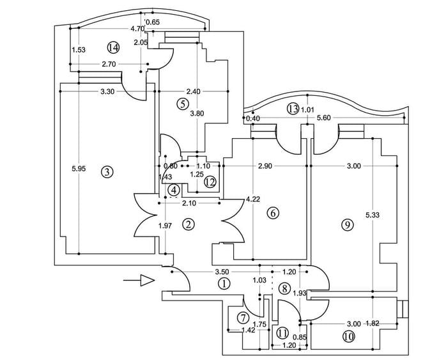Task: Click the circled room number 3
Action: (107, 171)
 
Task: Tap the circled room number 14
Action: (114, 47)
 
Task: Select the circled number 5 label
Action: (183, 104)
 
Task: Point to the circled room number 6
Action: (273, 213)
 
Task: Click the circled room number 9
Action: (347, 224)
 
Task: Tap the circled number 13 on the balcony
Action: (293, 109)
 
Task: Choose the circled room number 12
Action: (210, 182)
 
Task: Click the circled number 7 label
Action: (243, 318)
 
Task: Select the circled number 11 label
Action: (282, 332)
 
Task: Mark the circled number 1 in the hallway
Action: (224, 283)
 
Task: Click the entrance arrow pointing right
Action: (146, 280)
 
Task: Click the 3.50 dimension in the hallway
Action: (222, 272)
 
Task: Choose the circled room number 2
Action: (188, 224)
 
